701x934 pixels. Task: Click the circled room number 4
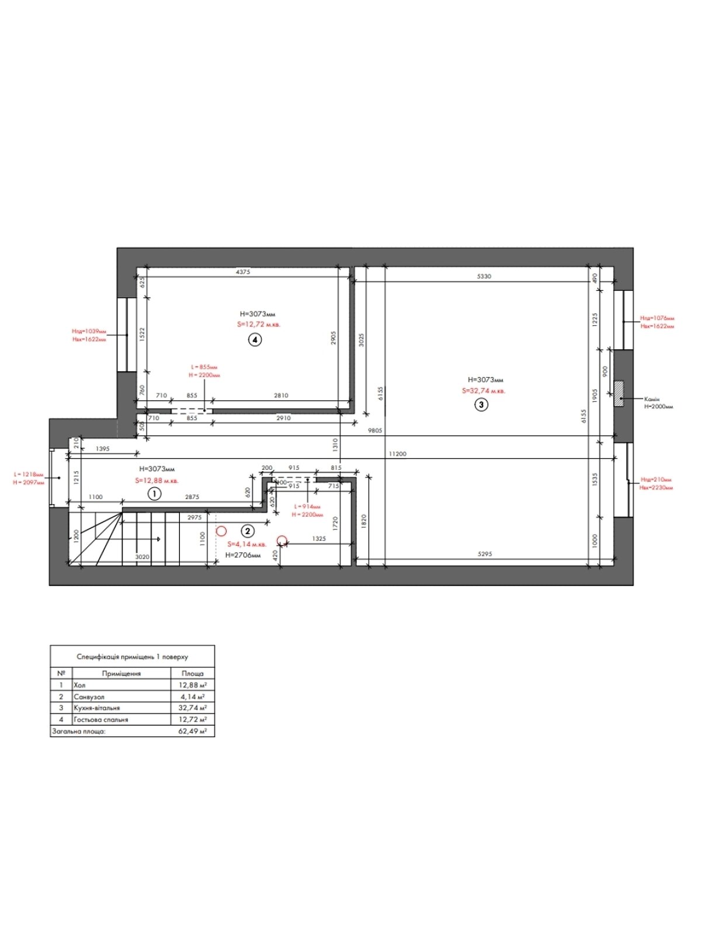[x=254, y=340]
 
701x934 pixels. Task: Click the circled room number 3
[x=481, y=405]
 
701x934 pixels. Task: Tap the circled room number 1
[x=154, y=494]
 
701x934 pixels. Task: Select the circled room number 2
[x=248, y=531]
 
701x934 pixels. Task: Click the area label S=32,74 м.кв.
[x=484, y=391]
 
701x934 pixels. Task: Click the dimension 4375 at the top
[x=242, y=272]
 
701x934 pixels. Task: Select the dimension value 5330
[x=484, y=277]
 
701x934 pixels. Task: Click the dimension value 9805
[x=374, y=431]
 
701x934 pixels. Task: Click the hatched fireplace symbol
[x=618, y=393]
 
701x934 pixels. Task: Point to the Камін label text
[x=652, y=399]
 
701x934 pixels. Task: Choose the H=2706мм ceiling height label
[x=243, y=555]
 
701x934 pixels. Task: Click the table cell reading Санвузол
[x=89, y=697]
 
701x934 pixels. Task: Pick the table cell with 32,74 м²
[x=192, y=708]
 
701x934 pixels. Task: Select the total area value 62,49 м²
[x=193, y=731]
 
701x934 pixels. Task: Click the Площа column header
[x=192, y=674]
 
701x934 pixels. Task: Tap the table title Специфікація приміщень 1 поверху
[x=132, y=657]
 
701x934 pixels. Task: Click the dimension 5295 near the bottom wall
[x=484, y=554]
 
